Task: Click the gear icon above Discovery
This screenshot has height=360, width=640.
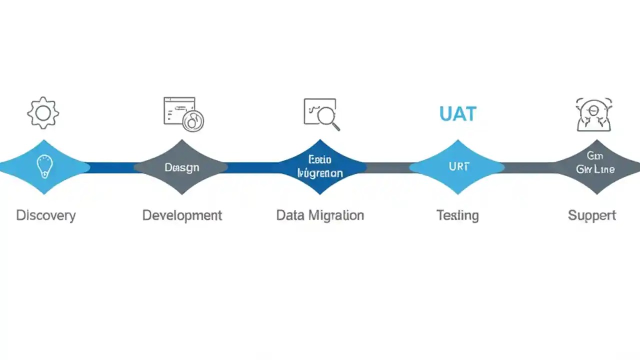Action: (43, 112)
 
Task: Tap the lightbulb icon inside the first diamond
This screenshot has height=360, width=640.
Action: (44, 166)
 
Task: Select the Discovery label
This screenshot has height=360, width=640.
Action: (45, 215)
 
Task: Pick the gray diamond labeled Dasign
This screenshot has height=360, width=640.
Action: (181, 167)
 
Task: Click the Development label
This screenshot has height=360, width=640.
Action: (182, 215)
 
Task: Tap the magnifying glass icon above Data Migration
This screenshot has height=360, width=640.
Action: (321, 113)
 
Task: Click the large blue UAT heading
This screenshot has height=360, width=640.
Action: (457, 114)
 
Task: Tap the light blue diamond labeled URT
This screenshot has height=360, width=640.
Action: (458, 167)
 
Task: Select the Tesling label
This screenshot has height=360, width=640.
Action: (457, 215)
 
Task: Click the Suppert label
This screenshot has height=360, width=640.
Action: (592, 215)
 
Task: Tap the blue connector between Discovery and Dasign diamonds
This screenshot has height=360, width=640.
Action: (112, 167)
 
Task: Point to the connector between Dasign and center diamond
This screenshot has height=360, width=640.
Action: (252, 167)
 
